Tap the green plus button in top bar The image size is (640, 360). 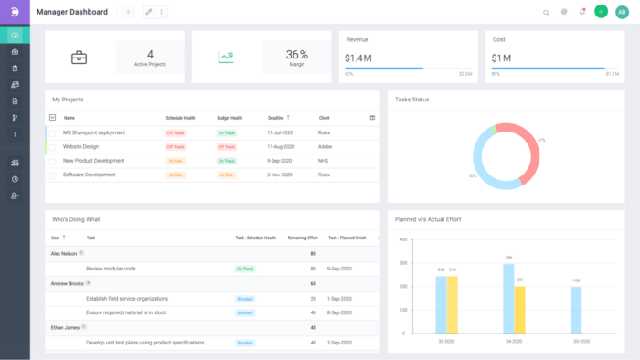pos(601,12)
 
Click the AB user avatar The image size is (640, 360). pos(623,12)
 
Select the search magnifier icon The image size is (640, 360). pos(546,13)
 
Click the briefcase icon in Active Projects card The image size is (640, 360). pos(79,57)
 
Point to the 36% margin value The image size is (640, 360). pos(296,54)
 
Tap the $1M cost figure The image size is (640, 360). pos(501,57)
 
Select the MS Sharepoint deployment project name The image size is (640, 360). pos(94,132)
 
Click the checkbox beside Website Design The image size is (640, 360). pos(52,146)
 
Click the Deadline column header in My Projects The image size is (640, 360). pos(275,118)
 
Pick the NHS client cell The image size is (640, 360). pos(324,160)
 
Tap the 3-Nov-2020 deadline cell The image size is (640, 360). pos(281,175)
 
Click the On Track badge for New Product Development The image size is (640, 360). pos(227,161)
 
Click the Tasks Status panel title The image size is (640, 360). pos(411,99)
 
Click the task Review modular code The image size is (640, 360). pos(111,269)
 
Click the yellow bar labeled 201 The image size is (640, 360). pos(519,312)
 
